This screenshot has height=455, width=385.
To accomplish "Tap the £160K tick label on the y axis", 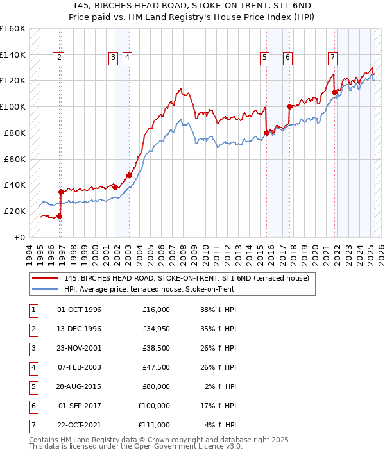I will pos(12,29).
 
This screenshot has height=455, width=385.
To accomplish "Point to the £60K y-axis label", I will pos(15,159).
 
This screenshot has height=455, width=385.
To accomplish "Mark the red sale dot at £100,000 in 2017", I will pos(289,106).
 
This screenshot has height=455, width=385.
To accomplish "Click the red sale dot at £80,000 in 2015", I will pos(266,133).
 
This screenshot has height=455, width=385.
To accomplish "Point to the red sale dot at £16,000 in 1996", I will pos(59,216).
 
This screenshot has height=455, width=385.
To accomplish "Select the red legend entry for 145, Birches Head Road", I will pos(186,279).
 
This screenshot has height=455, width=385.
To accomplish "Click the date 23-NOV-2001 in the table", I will pos(79,349).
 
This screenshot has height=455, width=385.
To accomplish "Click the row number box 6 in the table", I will pos(32,406).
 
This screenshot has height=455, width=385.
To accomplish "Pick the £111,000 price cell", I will pos(154,425).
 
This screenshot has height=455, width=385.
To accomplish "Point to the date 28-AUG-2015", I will pos(79,386).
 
